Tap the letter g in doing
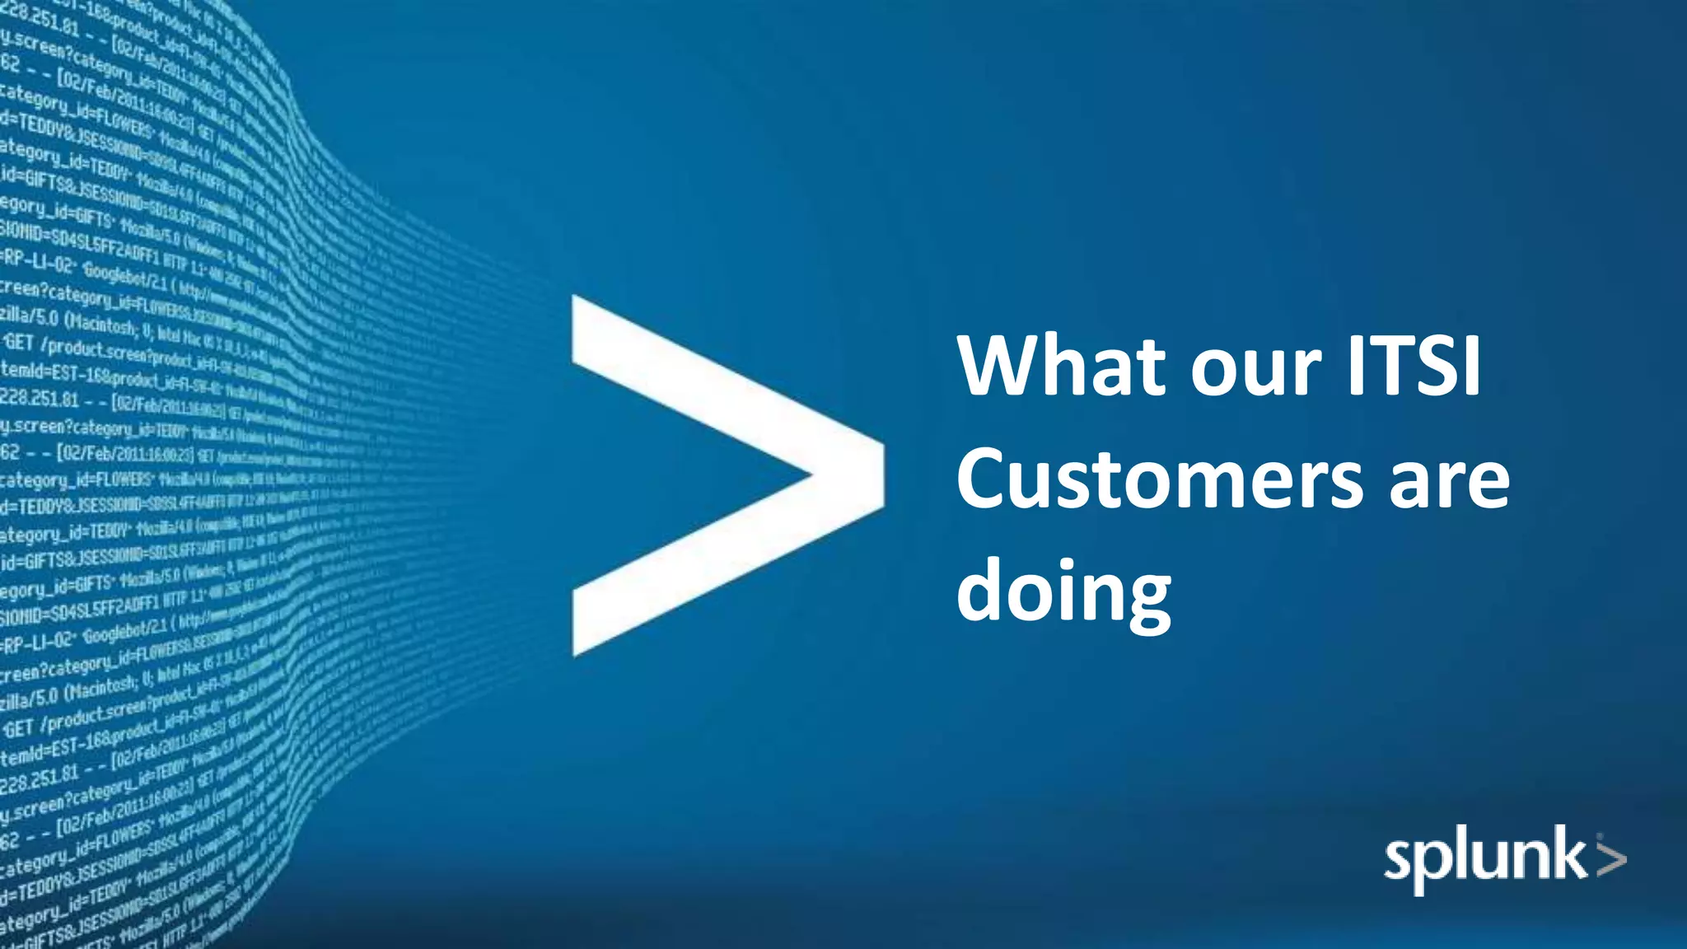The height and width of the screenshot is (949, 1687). pos(1145,600)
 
